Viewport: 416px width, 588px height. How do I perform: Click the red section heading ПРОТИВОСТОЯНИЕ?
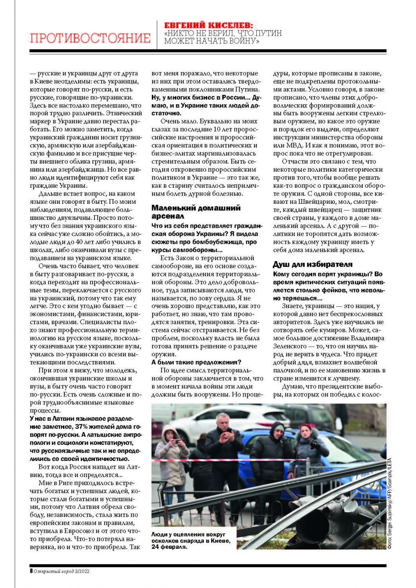point(90,38)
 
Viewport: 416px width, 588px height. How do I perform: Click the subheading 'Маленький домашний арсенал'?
point(196,212)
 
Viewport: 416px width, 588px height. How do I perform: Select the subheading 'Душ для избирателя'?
point(312,264)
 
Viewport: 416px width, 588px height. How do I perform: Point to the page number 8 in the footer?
point(31,571)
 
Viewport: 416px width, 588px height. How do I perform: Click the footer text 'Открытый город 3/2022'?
point(62,571)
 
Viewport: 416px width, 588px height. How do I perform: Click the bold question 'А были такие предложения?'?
point(196,362)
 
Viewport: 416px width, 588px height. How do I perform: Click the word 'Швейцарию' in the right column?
point(314,201)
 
